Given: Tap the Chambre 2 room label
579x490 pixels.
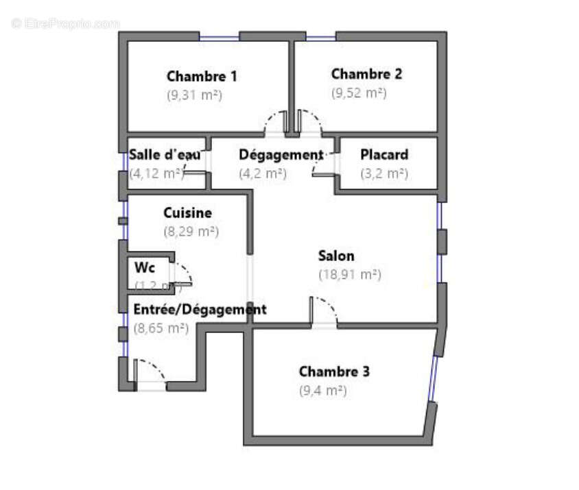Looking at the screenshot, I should [x=366, y=74].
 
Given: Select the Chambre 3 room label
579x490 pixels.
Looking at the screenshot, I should [x=334, y=372].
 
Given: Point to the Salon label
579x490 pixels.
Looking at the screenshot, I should [x=336, y=256].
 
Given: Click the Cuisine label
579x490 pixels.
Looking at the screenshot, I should [x=187, y=213].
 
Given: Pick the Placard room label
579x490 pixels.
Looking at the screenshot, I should [x=384, y=155].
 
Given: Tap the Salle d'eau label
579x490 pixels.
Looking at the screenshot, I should [x=165, y=155].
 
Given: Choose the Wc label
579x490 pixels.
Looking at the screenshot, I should [x=145, y=267].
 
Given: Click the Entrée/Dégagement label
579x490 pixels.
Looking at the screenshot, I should [x=200, y=310].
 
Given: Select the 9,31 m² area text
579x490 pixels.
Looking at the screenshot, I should [x=194, y=95].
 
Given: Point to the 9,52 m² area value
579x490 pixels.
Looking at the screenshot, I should [x=359, y=93].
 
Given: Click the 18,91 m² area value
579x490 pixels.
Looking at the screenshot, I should [x=349, y=275].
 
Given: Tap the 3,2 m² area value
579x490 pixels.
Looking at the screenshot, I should [x=384, y=173].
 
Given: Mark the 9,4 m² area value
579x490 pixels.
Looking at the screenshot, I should [x=322, y=391].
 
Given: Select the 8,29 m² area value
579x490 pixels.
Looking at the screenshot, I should [x=191, y=232].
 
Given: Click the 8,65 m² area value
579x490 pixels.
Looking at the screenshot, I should [x=161, y=328].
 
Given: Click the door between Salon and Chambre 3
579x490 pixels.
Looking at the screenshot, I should [x=324, y=312].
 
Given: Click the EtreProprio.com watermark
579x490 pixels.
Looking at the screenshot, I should [x=65, y=23].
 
